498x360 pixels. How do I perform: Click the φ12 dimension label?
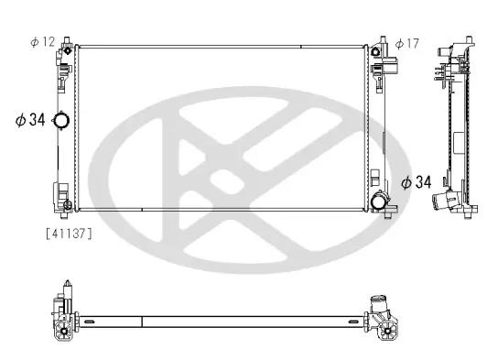43,42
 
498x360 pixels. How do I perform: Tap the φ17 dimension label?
407,42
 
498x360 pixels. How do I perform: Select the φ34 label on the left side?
29,119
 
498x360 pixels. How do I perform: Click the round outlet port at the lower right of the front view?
378,202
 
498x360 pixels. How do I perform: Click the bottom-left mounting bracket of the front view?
64,203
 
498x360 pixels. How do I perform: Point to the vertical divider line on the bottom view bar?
143,320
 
